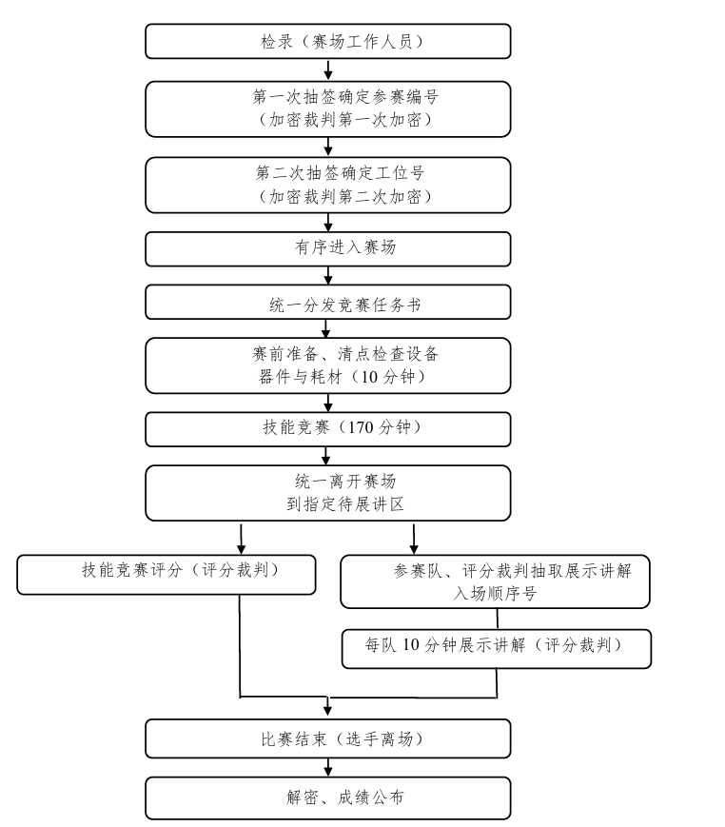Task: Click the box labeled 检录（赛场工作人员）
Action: [x=328, y=41]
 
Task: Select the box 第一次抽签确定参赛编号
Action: [x=328, y=108]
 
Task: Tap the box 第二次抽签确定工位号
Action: [x=328, y=185]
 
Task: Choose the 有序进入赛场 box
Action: [x=328, y=248]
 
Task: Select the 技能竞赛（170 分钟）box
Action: [x=328, y=428]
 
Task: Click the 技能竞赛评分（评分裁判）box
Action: [x=167, y=575]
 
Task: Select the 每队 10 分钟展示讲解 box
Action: [x=496, y=647]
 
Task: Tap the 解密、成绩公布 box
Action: [x=328, y=797]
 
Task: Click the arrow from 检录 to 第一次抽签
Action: [x=328, y=70]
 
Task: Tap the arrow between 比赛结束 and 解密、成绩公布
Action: [x=328, y=767]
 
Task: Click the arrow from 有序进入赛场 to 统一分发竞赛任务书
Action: [x=328, y=276]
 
